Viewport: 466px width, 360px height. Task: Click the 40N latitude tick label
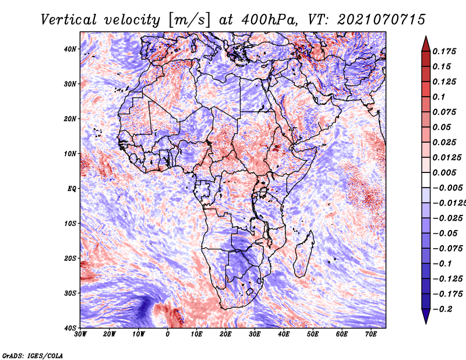pyautogui.click(x=70, y=49)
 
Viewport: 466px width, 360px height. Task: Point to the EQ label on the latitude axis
pyautogui.click(x=72, y=189)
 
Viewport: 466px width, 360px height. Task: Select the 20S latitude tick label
pyautogui.click(x=70, y=258)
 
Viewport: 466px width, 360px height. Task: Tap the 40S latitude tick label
pyautogui.click(x=70, y=328)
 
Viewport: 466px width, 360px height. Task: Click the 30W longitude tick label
pyautogui.click(x=80, y=334)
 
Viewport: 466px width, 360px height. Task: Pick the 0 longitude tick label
pyautogui.click(x=168, y=334)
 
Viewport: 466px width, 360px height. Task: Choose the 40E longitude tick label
pyautogui.click(x=284, y=334)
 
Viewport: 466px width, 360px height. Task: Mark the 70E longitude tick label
pyautogui.click(x=371, y=334)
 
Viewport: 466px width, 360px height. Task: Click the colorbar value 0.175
pyautogui.click(x=444, y=52)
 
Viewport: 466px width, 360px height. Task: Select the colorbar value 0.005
pyautogui.click(x=444, y=172)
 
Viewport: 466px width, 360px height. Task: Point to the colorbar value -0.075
pyautogui.click(x=447, y=249)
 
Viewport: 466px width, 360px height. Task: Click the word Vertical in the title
pyautogui.click(x=69, y=20)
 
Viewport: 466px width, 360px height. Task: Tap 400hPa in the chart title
pyautogui.click(x=270, y=20)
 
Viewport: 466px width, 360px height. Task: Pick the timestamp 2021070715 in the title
pyautogui.click(x=382, y=20)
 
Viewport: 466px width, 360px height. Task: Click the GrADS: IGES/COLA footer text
pyautogui.click(x=33, y=356)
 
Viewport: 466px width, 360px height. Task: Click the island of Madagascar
pyautogui.click(x=303, y=253)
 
